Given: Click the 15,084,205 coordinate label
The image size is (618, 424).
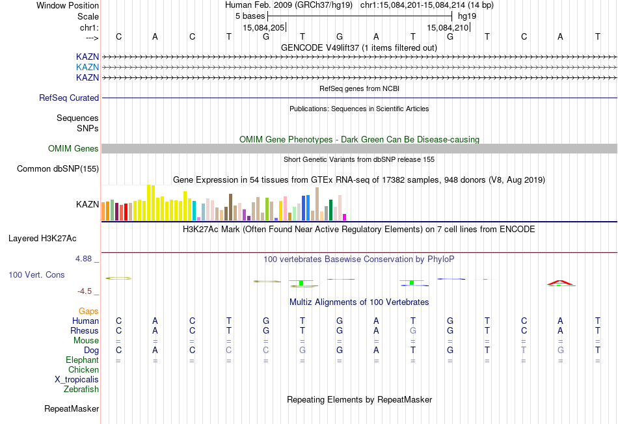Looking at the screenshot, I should coord(263,28).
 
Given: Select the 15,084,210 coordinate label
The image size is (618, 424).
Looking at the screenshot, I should coord(448,28).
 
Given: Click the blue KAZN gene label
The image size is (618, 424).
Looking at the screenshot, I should coord(87,67).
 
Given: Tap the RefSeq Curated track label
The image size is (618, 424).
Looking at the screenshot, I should coord(69,98).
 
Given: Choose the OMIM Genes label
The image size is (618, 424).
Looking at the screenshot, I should coord(74,149).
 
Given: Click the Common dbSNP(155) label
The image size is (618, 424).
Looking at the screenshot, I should coord(58,169).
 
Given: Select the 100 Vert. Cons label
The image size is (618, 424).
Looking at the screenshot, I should coord(36,275).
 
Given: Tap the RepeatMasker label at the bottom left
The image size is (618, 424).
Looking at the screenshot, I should coord(72,409).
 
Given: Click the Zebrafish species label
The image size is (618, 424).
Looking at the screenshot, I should coord(81,390).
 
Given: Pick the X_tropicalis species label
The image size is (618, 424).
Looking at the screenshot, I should coord(77,380).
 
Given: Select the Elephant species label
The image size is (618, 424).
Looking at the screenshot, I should coord(82,360).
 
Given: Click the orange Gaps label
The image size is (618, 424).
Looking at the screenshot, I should coord(88,311).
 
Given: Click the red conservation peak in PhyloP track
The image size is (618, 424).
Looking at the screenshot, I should coord(559,282).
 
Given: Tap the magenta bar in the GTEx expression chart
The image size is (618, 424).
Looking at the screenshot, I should coord(345,217).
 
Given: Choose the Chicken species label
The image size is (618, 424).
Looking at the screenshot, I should coord(83,370).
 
